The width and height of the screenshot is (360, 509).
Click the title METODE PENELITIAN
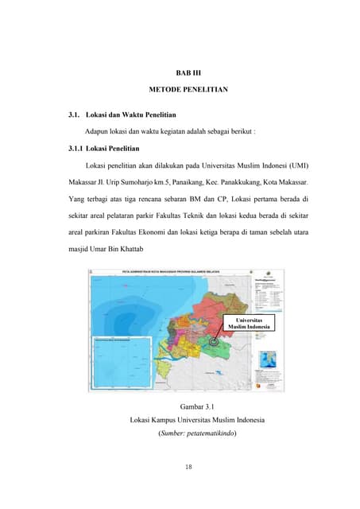[x=188, y=90]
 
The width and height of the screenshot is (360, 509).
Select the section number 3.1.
[x=78, y=116]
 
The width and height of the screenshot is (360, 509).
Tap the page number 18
[x=188, y=467]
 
